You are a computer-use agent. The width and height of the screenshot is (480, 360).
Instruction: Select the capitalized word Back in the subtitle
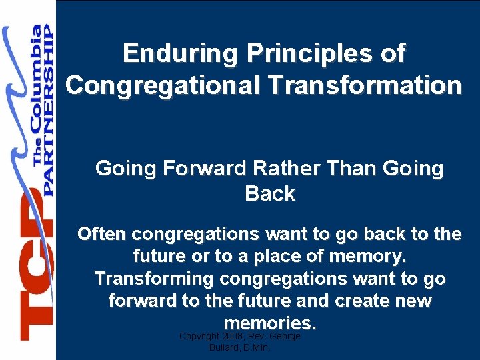[x=269, y=194]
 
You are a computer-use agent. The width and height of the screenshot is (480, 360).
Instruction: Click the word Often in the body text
[x=102, y=234]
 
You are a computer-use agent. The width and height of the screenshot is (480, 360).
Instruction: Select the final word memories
[x=269, y=323]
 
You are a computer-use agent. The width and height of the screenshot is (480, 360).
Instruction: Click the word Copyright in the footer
[x=201, y=337]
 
